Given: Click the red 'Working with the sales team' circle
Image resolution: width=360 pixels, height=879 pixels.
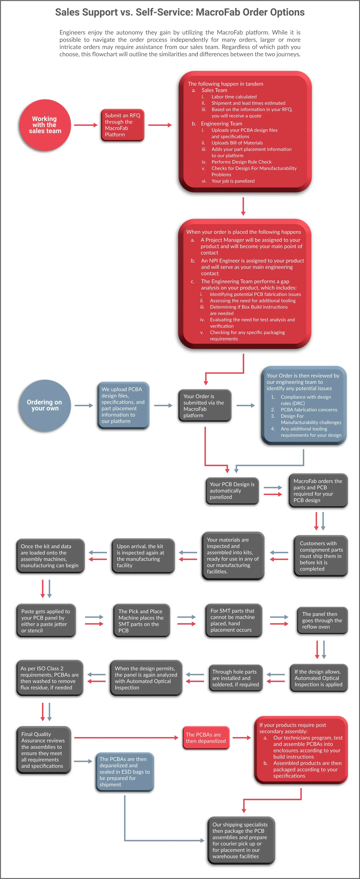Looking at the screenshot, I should [45, 125].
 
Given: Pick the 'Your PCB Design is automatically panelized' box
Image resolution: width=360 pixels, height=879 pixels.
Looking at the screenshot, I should [232, 491].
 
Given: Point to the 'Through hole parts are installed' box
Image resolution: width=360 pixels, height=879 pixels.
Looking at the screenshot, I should [236, 678].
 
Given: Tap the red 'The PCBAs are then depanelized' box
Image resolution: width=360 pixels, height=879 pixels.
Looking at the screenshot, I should [206, 738].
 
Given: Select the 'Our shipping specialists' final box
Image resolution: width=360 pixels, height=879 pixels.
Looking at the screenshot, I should [241, 840].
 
